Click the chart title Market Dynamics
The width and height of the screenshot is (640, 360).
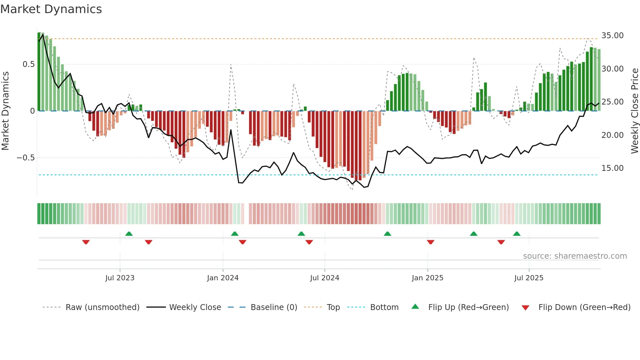(51, 9)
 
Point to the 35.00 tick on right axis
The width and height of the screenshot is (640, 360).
(612, 35)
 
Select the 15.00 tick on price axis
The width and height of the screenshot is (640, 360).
(612, 168)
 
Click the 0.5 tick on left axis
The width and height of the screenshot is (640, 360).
(28, 64)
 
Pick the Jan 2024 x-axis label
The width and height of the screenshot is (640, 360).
(223, 278)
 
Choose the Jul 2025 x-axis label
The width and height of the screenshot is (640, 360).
(529, 278)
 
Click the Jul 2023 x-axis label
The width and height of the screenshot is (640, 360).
(120, 278)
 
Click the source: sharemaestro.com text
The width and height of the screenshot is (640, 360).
(575, 256)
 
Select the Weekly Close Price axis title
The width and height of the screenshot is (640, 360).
(634, 111)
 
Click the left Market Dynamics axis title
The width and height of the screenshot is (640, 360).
(6, 111)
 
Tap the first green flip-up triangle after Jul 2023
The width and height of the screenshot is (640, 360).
(129, 234)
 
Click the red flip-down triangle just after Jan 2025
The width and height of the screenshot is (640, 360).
(430, 242)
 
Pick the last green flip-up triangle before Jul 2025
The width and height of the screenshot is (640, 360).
(517, 234)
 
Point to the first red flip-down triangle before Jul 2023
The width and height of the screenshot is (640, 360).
(86, 242)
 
